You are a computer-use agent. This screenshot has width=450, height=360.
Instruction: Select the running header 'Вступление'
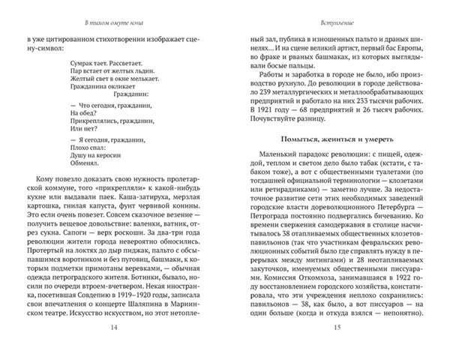334,13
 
